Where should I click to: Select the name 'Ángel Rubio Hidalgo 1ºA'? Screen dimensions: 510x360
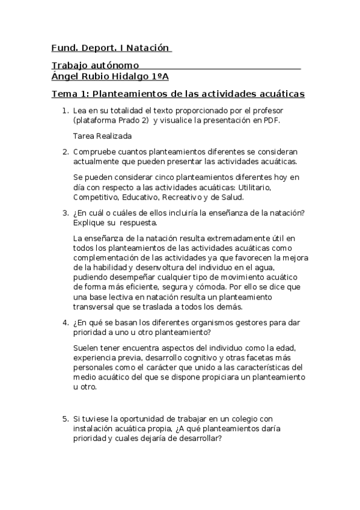[x=111, y=76]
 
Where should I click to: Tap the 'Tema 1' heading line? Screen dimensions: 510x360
[x=178, y=94]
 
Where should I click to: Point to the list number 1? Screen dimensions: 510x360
[x=66, y=111]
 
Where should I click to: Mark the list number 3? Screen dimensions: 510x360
[x=66, y=212]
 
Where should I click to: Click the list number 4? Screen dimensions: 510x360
[x=66, y=322]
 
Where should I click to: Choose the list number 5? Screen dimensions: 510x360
[x=66, y=418]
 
